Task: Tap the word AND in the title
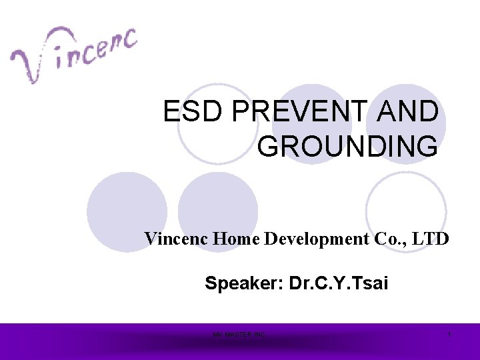pos(413,112)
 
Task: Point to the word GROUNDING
pos(347,146)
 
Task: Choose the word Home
pos(237,239)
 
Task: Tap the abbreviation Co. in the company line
pos(387,239)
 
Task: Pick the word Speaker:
pos(244,284)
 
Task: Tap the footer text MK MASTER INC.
pos(239,334)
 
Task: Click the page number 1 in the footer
pos(449,334)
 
